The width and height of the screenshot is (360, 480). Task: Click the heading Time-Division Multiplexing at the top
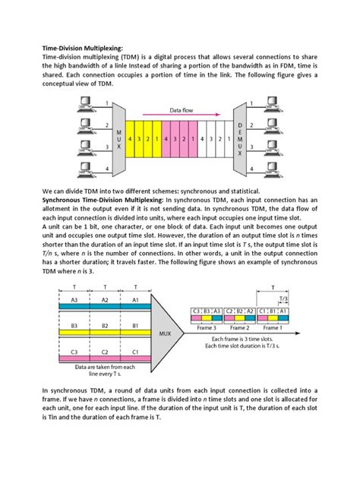(x=82, y=46)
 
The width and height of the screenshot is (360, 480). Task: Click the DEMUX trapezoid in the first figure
(x=241, y=140)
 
